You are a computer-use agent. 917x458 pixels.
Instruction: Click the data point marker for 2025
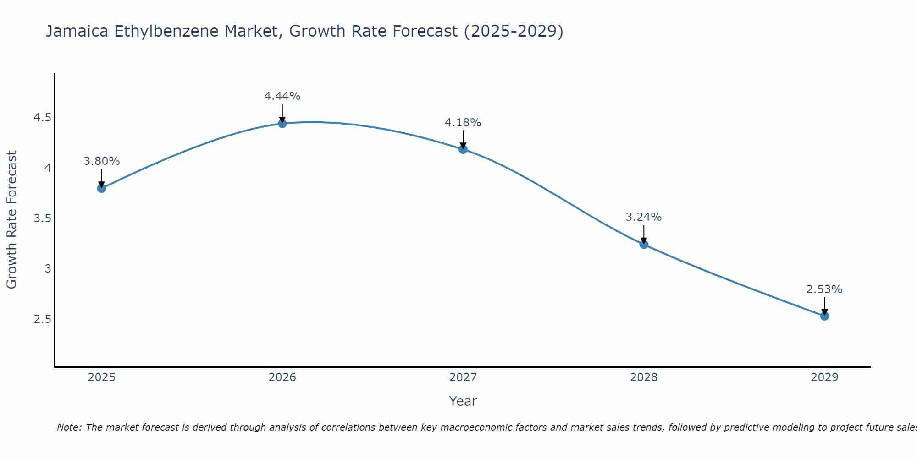coord(102,188)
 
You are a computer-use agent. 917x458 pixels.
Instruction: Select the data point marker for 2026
coord(282,124)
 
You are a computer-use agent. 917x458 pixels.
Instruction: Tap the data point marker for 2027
coord(463,149)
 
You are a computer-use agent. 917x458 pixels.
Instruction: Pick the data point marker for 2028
coord(644,245)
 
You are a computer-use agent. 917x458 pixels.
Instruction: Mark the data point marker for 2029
coord(824,316)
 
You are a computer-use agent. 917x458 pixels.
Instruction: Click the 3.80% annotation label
coord(102,161)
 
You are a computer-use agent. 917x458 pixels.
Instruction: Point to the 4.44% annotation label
coord(282,96)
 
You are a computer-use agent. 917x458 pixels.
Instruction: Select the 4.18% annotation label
coord(463,123)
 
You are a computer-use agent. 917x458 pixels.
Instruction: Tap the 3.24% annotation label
coord(644,217)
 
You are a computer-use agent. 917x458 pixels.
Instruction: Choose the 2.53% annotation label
coord(824,289)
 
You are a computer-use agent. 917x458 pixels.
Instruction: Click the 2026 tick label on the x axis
coord(282,377)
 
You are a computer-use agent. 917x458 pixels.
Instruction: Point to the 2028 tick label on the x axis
coord(644,377)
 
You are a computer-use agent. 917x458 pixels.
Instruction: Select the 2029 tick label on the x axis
coord(824,377)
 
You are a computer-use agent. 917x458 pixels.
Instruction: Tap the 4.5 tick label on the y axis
coord(42,118)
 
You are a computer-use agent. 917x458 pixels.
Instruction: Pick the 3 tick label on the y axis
coord(48,268)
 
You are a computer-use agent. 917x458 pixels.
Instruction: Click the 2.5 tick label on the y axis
coord(42,319)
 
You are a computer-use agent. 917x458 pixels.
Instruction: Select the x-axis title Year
coord(463,401)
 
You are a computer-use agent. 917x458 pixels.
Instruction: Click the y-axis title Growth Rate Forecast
coord(11,220)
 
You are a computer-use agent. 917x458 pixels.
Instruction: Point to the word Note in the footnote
coord(69,427)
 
